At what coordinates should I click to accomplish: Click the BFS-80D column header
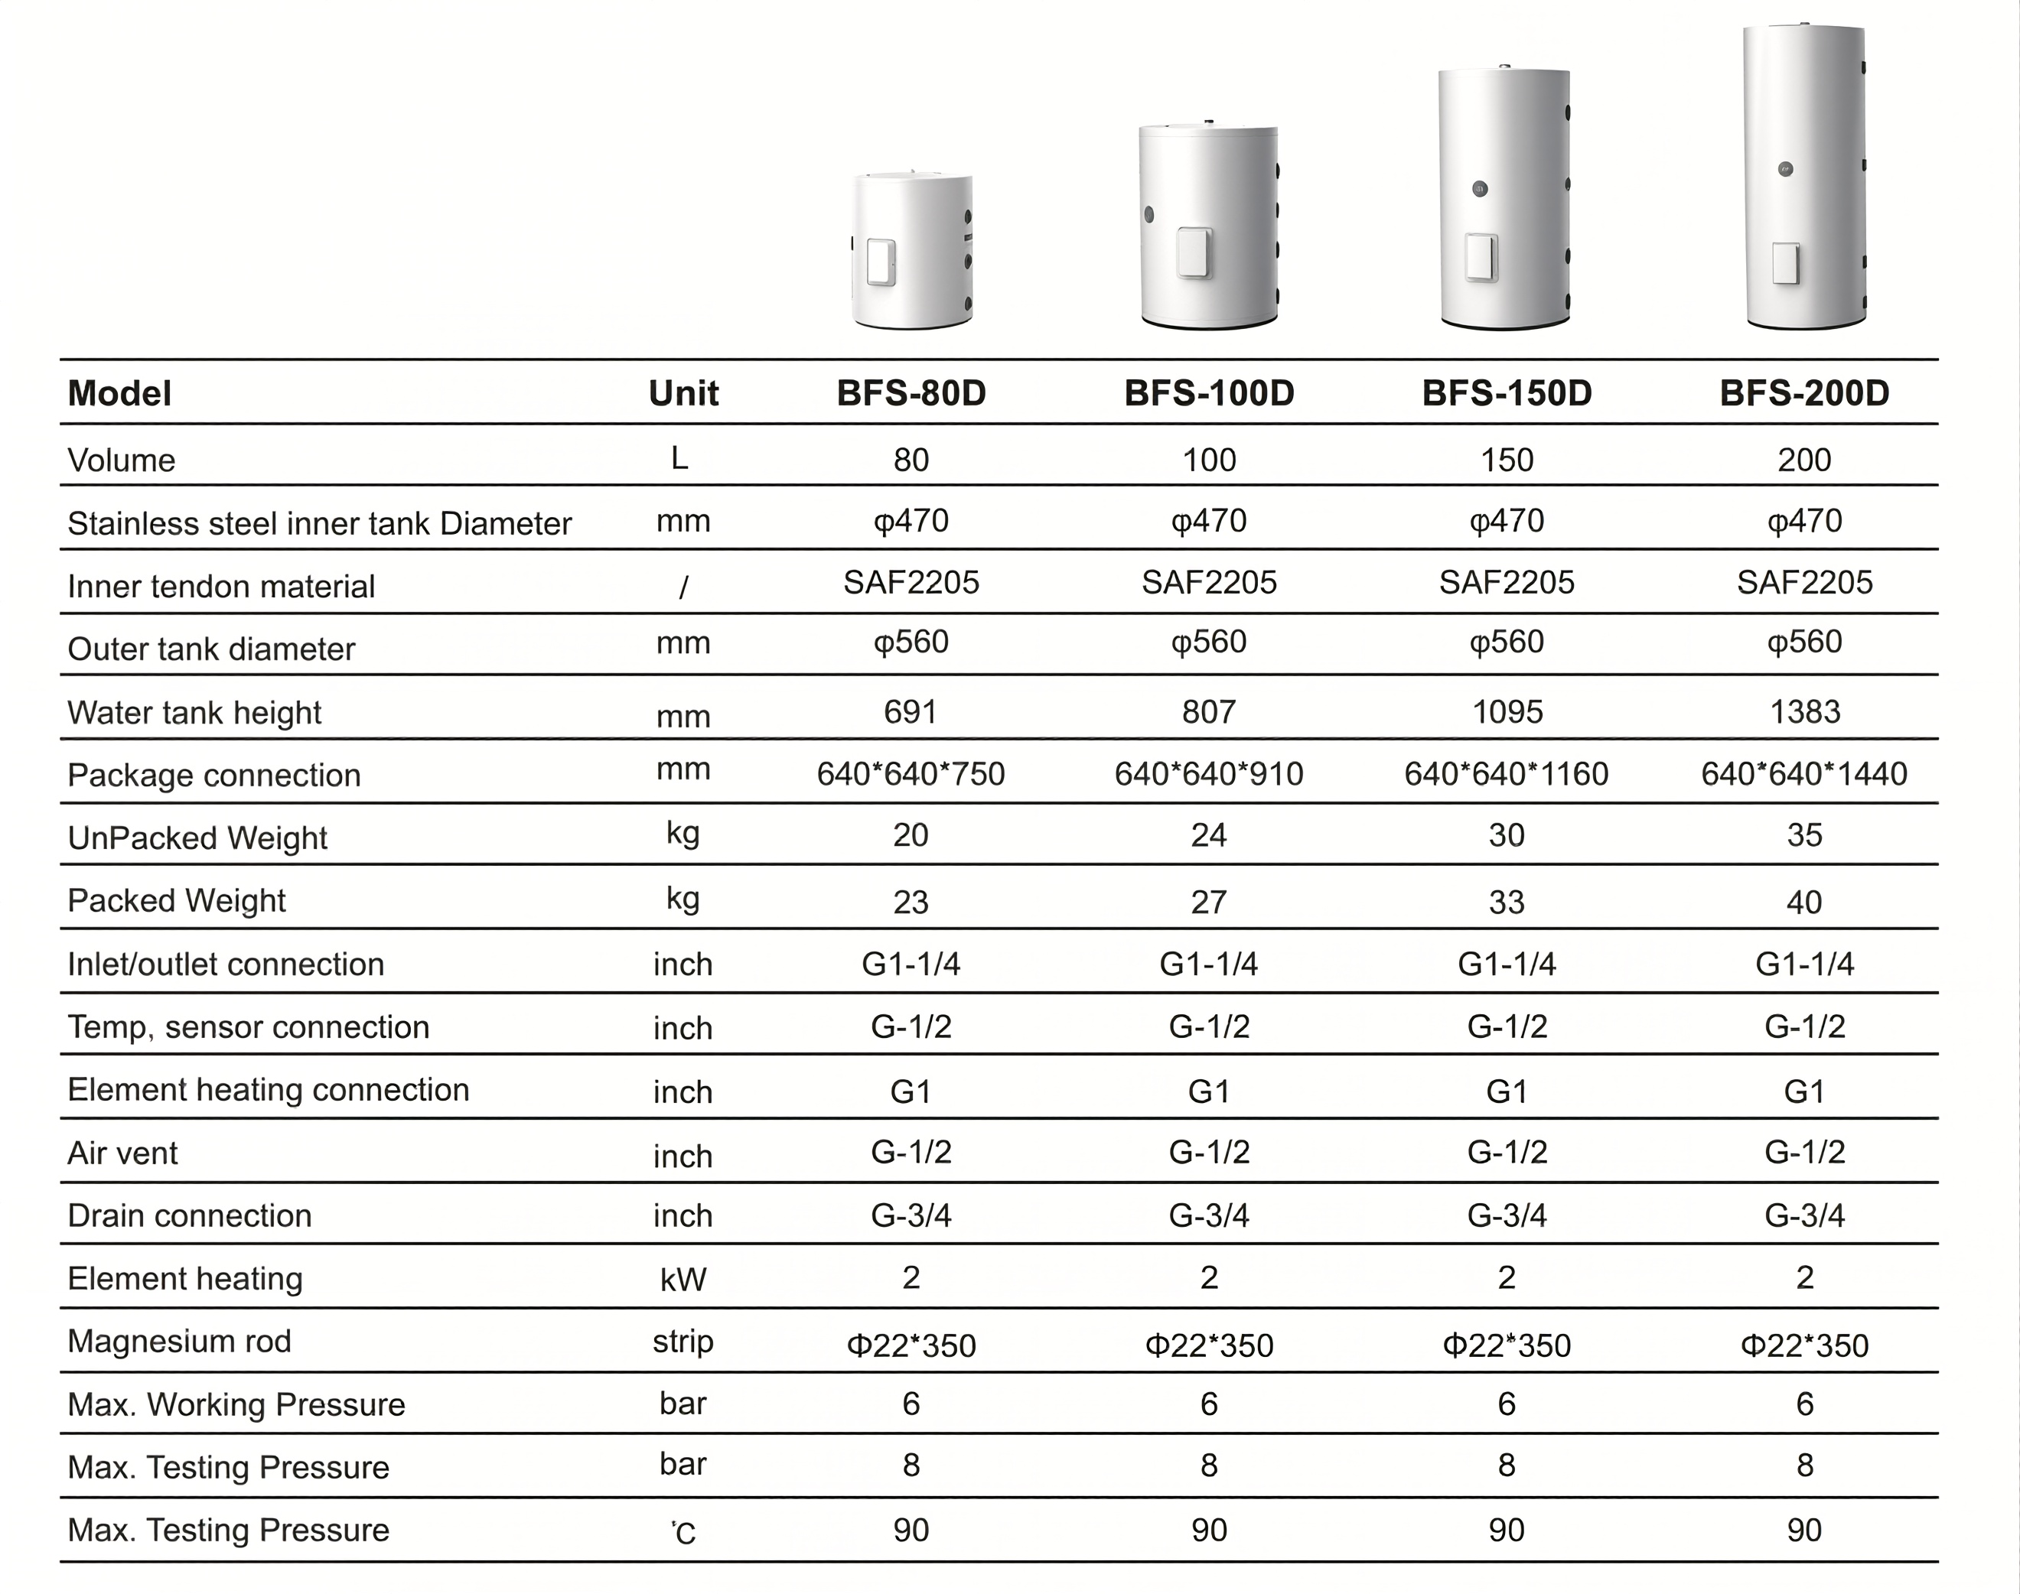click(911, 393)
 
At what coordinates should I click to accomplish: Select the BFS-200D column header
click(1803, 393)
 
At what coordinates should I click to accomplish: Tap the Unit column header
click(683, 393)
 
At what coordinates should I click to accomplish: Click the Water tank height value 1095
click(1507, 712)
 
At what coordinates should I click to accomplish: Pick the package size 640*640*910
click(1208, 773)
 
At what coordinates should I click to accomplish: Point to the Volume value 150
click(1507, 460)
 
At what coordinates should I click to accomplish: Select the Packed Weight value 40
click(1803, 902)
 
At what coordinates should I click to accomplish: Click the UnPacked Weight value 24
click(1208, 834)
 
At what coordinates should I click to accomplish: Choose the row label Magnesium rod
click(179, 1341)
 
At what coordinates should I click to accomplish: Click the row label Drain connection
click(190, 1215)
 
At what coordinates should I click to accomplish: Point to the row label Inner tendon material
click(221, 586)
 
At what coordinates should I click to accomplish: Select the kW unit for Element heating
click(683, 1279)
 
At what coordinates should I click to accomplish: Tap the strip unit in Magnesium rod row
click(683, 1341)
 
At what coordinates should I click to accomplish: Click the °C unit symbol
click(683, 1531)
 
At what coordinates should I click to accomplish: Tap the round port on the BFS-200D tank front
click(1786, 170)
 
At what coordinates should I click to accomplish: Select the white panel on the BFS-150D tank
click(1481, 257)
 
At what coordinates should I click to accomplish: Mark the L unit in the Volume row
click(679, 458)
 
